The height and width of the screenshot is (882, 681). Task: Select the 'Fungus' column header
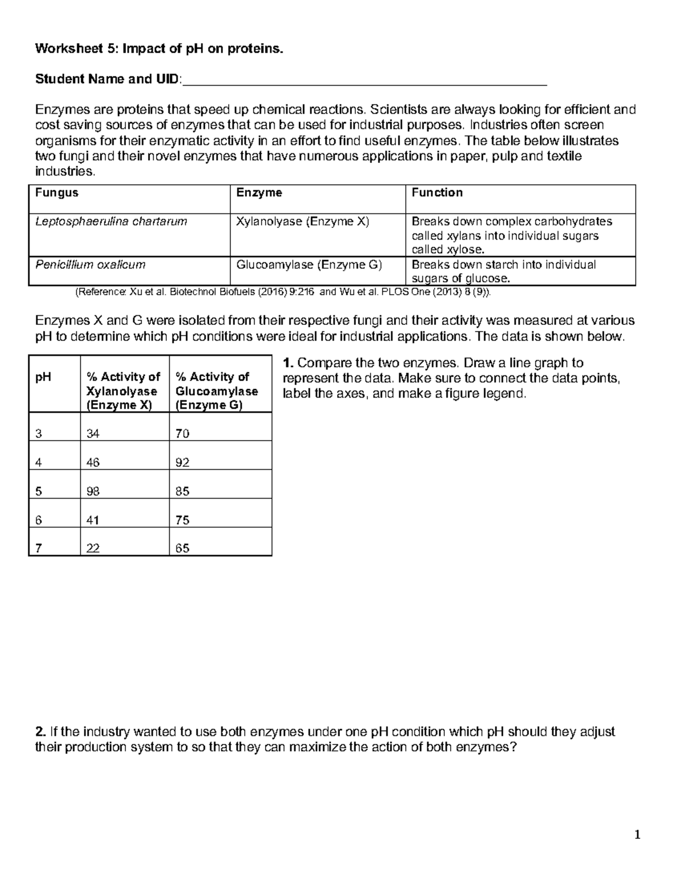tap(57, 193)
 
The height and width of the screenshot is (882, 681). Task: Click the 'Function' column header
tap(437, 193)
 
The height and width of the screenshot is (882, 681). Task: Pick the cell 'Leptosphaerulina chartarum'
tap(111, 221)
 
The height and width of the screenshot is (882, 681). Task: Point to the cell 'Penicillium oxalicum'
tap(90, 264)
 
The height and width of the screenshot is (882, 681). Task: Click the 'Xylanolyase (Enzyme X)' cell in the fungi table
tap(302, 221)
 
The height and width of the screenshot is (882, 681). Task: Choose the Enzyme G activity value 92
tap(182, 462)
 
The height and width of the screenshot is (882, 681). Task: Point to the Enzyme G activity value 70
tap(182, 434)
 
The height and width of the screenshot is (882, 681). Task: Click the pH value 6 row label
tap(39, 520)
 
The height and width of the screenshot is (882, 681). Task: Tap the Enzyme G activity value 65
tap(182, 549)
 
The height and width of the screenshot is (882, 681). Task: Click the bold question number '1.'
tap(288, 363)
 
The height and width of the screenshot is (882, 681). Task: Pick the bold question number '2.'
tap(40, 731)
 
